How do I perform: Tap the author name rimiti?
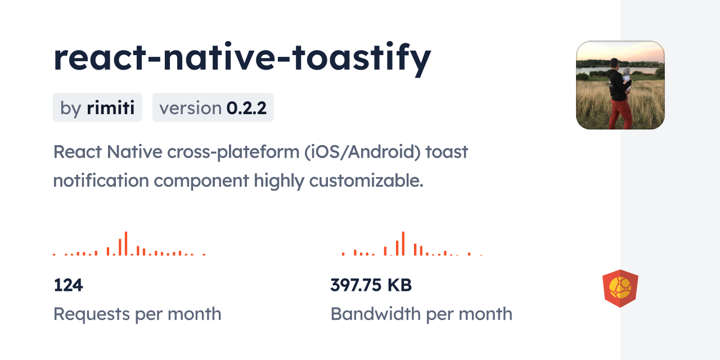(x=111, y=107)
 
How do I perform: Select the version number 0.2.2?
(x=246, y=108)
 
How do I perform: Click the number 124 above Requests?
(x=68, y=285)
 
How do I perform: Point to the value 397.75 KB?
(x=371, y=285)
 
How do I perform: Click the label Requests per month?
(x=137, y=314)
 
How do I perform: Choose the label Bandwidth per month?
(x=421, y=314)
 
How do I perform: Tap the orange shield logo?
(x=620, y=289)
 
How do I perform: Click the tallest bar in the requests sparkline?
(x=126, y=244)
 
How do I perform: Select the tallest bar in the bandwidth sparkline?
(x=403, y=244)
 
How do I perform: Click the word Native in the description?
(x=134, y=152)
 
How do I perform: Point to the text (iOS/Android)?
(x=362, y=152)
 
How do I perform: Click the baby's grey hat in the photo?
(x=626, y=71)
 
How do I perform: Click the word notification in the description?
(x=101, y=181)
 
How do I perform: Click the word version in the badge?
(x=190, y=108)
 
